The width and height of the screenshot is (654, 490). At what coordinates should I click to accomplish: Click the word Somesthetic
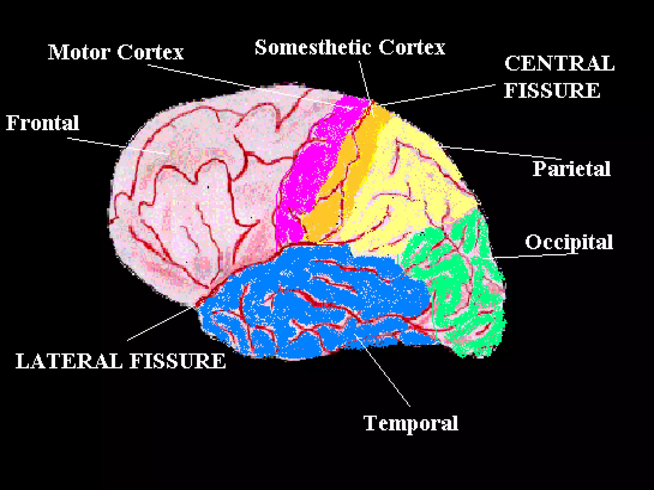tap(313, 48)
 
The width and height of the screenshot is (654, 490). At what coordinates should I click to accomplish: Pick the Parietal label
tap(571, 169)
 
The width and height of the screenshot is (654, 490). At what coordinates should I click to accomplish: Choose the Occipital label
tap(569, 242)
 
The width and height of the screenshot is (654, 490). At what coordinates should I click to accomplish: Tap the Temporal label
tap(411, 423)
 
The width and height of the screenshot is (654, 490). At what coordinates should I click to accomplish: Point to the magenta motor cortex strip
tap(307, 166)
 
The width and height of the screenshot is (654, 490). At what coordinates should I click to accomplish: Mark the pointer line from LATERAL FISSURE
tap(160, 324)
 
